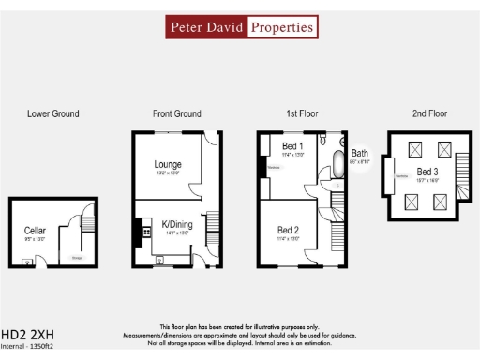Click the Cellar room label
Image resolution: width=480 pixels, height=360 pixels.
pos(35,230)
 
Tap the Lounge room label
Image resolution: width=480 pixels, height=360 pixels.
pos(168,164)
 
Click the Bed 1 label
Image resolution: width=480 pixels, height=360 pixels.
pos(293,146)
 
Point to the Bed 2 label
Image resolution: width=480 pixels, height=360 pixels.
pos(289,230)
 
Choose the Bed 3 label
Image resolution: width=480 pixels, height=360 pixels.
pos(427,172)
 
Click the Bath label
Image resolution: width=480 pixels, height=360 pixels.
pos(360,154)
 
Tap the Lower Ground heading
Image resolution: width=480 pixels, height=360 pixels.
pos(52,113)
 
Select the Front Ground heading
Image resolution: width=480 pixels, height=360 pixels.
pos(176,113)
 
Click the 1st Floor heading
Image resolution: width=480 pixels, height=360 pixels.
pos(302,113)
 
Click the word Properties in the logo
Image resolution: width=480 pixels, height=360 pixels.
pos(281,27)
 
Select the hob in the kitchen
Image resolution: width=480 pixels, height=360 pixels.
pos(145,228)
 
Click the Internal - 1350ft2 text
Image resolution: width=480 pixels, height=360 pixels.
pos(27,347)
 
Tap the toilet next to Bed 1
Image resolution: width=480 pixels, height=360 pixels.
pos(339,185)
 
